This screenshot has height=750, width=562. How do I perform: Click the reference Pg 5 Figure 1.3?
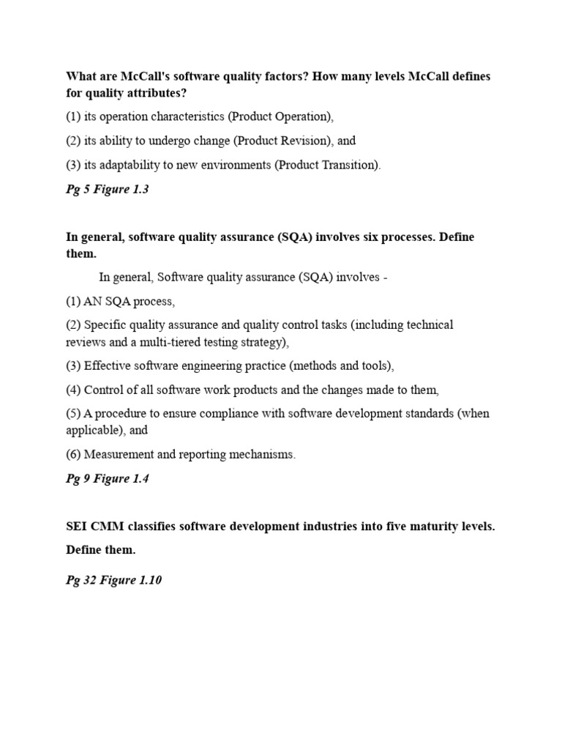coord(107,190)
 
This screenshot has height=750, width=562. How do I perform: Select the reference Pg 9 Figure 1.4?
coord(107,479)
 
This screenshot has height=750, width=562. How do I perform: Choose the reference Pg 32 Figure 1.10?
coord(113,580)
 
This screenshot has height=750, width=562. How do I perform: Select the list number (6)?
coord(73,455)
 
